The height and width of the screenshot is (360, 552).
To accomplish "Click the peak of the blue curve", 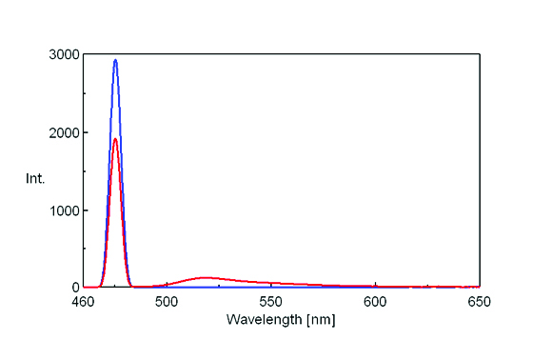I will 115,60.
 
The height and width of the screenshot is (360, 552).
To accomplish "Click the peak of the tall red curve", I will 115,139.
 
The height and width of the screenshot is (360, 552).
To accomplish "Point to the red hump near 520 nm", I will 206,277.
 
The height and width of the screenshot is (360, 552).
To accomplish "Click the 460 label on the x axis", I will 84,302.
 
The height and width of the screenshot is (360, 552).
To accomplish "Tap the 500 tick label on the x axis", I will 167,302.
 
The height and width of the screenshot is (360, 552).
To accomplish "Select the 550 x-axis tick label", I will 271,302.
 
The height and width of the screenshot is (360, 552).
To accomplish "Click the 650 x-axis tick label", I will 479,302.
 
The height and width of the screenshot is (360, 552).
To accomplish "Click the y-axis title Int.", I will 35,178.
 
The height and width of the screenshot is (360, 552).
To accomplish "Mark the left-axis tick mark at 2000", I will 86,132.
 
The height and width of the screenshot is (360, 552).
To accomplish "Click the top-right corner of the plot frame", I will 480,54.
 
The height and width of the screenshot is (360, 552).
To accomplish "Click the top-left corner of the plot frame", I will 84,54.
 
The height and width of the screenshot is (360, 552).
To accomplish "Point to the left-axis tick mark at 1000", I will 86,210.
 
